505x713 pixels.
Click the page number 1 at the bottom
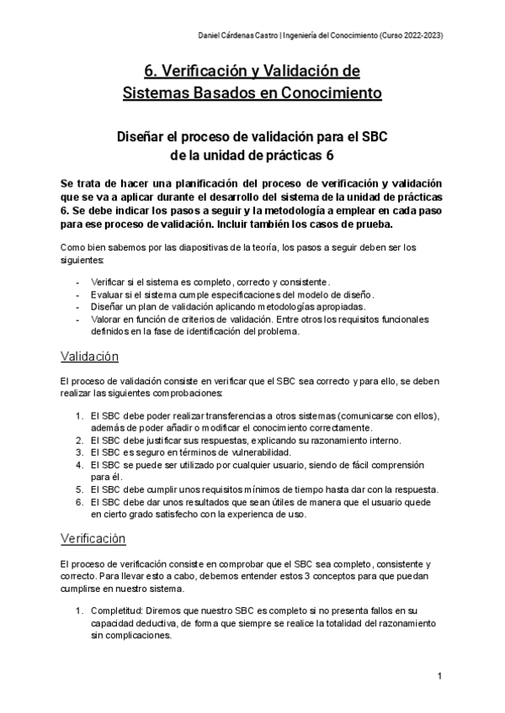(440, 676)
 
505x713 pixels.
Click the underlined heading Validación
(90, 356)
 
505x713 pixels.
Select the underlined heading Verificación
(93, 538)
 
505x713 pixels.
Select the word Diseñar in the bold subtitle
(144, 135)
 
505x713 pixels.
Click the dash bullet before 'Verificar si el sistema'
(78, 282)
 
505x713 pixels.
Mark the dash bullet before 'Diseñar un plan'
(78, 307)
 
